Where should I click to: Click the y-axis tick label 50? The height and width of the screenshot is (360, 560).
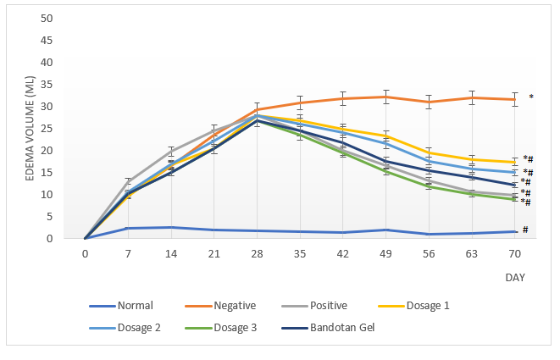pos(47,19)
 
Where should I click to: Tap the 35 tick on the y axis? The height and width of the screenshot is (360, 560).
pos(47,85)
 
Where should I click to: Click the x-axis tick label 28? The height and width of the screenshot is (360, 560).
pos(258,254)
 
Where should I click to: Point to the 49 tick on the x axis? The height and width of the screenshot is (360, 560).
pos(386,254)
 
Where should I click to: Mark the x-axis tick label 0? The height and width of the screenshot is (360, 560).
pos(85,254)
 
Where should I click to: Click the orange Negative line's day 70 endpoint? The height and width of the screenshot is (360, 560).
pos(515,99)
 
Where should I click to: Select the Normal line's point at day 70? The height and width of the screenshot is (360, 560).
pos(515,231)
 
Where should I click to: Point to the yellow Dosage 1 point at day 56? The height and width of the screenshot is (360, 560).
pos(430,153)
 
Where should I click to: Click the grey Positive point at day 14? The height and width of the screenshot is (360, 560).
pos(171,152)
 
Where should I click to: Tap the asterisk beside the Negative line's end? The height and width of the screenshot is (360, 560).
pos(531,97)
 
